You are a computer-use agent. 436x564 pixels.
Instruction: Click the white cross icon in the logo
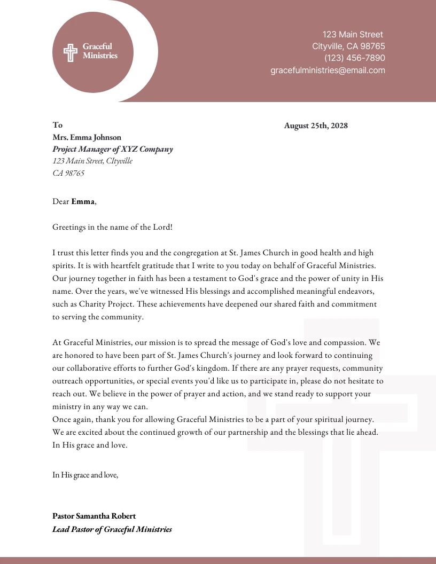click(x=71, y=52)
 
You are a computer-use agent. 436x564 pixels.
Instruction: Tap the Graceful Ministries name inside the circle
click(x=100, y=51)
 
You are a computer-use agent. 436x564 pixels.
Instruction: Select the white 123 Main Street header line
click(x=353, y=35)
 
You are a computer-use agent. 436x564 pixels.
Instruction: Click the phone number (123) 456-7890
click(x=354, y=58)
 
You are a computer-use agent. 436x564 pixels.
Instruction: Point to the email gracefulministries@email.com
click(x=328, y=70)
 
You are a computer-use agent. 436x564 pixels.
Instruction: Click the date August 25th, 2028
click(x=316, y=126)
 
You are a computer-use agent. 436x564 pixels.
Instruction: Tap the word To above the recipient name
click(x=57, y=125)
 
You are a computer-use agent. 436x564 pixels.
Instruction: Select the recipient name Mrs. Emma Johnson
click(x=87, y=137)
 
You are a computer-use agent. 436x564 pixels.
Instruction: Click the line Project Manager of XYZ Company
click(x=112, y=149)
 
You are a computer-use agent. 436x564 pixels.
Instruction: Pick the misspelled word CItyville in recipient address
click(x=119, y=161)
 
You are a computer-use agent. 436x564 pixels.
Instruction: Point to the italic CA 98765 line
click(x=68, y=173)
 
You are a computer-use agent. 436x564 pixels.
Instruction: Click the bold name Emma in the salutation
click(x=83, y=201)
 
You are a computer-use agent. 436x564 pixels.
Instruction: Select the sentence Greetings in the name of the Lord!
click(x=112, y=227)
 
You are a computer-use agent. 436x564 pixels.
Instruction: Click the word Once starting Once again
click(x=61, y=420)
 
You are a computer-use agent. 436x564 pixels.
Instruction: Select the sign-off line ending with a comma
click(x=85, y=475)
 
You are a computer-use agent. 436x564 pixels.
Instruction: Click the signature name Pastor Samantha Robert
click(x=94, y=516)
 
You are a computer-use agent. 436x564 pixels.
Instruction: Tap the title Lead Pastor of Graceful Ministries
click(x=112, y=529)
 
